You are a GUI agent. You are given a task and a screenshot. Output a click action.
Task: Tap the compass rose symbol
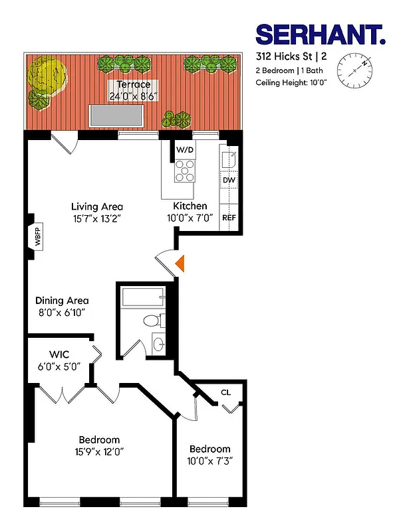coord(353,71)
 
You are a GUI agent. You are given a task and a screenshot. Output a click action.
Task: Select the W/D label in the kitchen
coord(185,150)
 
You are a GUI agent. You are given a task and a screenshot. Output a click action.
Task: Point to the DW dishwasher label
coord(229,180)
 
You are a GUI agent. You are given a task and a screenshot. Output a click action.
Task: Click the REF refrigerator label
coord(229,218)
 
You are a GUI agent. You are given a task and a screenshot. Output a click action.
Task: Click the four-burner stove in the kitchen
coord(185,172)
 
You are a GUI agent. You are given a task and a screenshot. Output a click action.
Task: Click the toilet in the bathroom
coord(152,321)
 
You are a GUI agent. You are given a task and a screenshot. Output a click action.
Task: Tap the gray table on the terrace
coord(118,115)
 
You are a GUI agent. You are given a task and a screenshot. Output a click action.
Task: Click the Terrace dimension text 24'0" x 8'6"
coord(134,96)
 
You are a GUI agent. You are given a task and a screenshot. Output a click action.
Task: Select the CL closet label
coord(225,392)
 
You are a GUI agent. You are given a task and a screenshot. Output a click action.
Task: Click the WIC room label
coord(60,355)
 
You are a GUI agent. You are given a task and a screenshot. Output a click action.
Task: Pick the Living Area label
coord(97,206)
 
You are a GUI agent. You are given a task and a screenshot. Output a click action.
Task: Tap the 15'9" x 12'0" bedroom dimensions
coord(99,451)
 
